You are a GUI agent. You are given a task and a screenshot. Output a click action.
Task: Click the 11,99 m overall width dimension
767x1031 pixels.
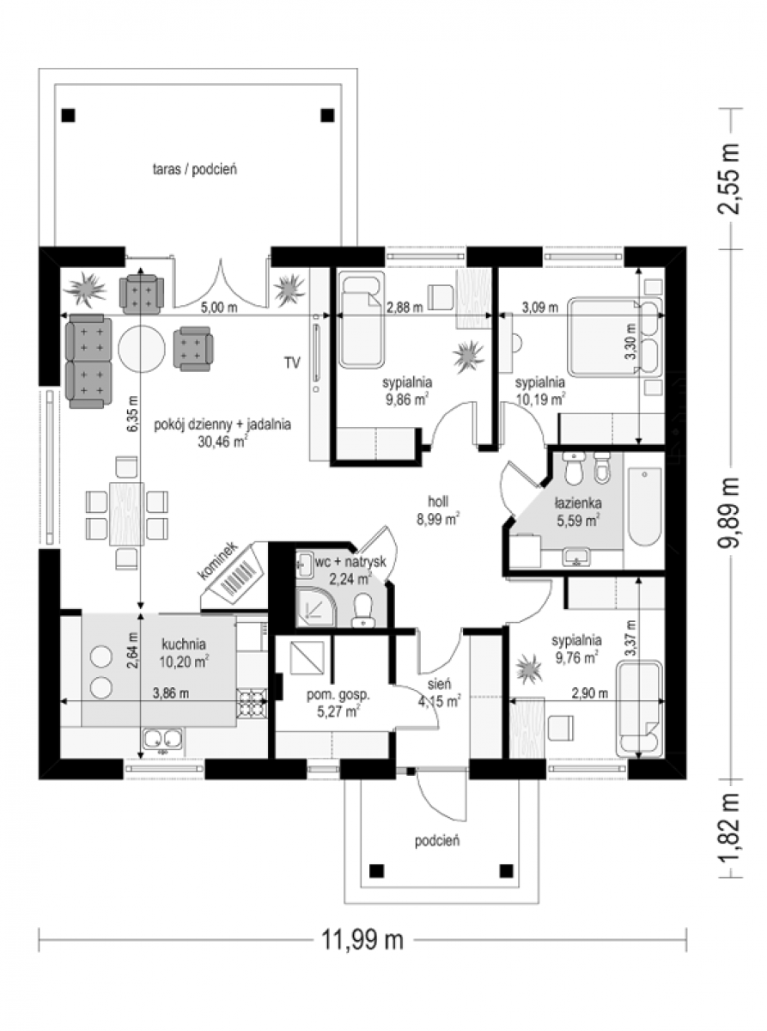tap(362, 940)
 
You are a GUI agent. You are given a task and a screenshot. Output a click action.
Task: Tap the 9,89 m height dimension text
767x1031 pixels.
tap(728, 512)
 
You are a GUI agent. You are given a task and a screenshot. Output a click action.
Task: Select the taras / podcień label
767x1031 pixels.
tap(195, 169)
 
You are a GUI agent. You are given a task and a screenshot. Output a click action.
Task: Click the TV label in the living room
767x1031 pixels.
tap(292, 362)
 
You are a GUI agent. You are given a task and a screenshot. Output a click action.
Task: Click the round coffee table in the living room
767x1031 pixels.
tap(142, 349)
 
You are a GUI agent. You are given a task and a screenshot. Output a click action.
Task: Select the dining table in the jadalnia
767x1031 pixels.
tap(126, 514)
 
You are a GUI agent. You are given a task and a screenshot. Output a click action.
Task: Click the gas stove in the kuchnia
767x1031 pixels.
tap(253, 702)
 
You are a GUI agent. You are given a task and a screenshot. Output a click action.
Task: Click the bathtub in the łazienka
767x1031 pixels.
tap(644, 507)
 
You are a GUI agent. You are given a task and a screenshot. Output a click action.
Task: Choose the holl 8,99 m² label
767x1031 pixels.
tap(438, 510)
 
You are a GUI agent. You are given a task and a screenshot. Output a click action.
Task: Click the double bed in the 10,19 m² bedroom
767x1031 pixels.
tap(615, 336)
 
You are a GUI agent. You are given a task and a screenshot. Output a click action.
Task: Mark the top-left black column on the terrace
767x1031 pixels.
tap(69, 115)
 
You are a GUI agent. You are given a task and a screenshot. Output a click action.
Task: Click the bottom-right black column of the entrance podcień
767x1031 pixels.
tap(506, 869)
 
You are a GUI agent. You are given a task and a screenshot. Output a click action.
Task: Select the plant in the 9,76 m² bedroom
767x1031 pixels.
tap(529, 670)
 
